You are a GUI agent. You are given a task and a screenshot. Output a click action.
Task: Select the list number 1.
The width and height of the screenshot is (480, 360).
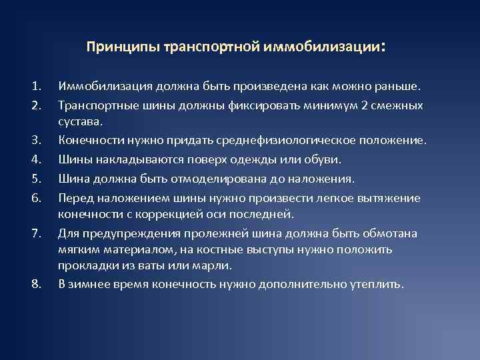(35, 86)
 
